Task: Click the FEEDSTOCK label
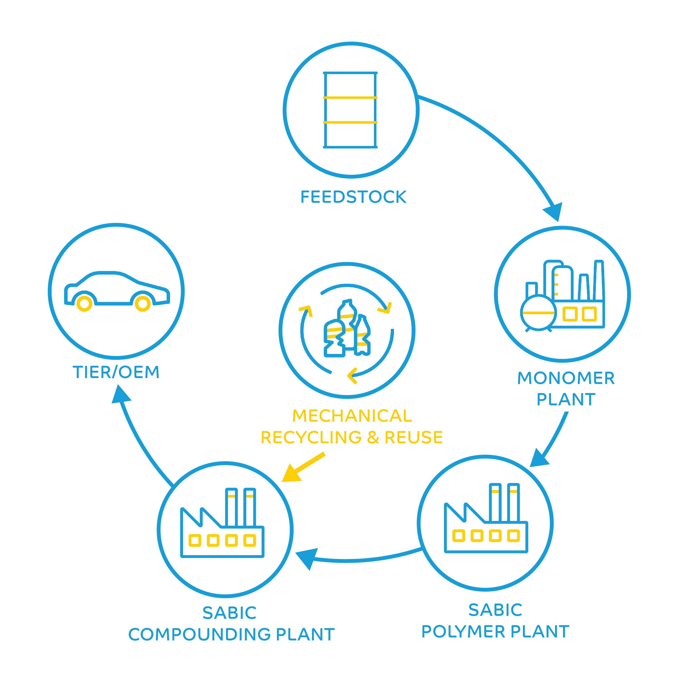pos(353,197)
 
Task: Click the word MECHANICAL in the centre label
pos(352,416)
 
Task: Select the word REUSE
pos(414,437)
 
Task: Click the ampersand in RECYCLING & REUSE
pos(373,437)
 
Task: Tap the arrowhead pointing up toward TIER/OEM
pos(120,395)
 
